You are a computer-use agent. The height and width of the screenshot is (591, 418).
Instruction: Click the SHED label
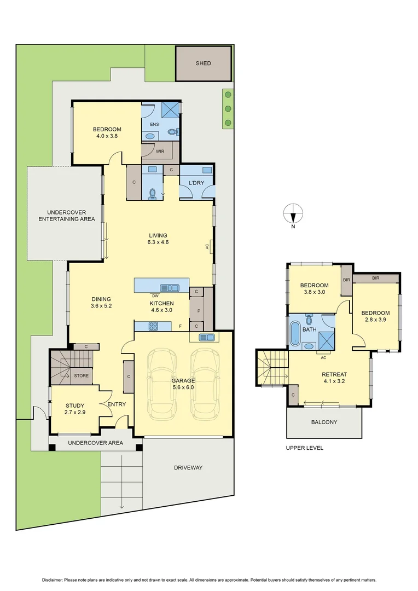point(203,63)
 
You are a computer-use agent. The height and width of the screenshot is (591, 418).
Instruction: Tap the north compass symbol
point(293,213)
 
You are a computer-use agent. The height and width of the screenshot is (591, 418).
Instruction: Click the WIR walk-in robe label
point(160,152)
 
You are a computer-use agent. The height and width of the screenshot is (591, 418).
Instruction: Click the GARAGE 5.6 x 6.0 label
point(183,384)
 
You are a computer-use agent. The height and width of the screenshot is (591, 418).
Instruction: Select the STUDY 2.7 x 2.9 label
point(75,409)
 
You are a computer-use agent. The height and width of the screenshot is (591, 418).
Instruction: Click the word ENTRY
point(117,404)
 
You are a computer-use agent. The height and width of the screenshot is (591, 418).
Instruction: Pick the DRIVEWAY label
point(188,468)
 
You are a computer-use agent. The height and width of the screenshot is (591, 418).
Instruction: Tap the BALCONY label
point(324,422)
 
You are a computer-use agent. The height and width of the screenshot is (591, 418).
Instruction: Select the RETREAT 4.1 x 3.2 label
point(334,378)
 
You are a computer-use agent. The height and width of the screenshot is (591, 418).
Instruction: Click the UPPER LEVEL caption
point(305,448)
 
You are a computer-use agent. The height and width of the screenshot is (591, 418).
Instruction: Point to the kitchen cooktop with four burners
point(153,326)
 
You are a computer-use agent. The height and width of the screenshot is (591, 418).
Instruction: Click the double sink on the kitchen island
point(169,287)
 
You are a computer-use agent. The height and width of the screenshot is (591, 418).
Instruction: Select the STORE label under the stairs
point(80,376)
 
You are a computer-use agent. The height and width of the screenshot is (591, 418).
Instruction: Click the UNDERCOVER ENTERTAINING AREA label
point(67,216)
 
